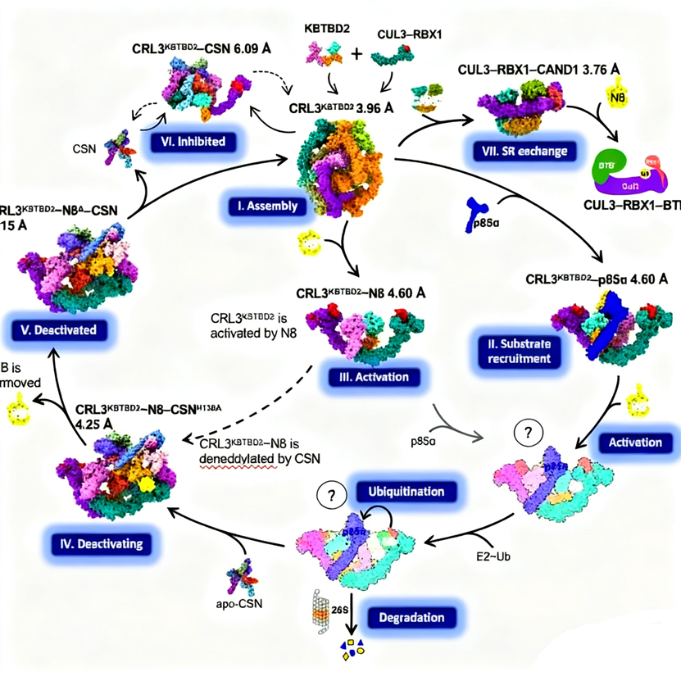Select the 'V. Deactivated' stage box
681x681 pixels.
[57, 330]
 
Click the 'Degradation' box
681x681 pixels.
[411, 617]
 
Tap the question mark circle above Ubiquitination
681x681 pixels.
[330, 496]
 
